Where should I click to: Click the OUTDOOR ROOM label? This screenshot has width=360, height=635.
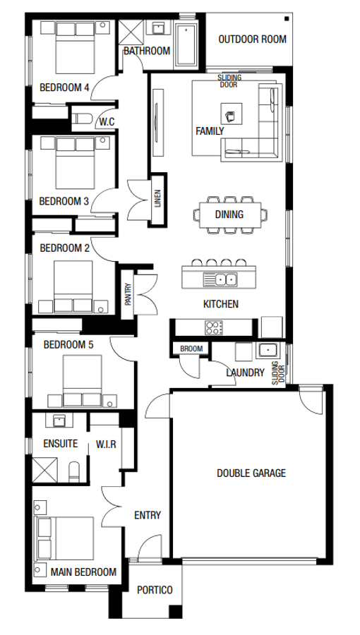pyautogui.click(x=252, y=40)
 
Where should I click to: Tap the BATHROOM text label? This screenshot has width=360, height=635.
pyautogui.click(x=147, y=51)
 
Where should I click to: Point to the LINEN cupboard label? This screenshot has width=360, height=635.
pyautogui.click(x=158, y=201)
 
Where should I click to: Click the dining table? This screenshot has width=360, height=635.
pyautogui.click(x=229, y=214)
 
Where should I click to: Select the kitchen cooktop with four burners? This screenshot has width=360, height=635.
pyautogui.click(x=213, y=327)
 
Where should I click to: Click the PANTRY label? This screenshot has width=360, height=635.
pyautogui.click(x=128, y=294)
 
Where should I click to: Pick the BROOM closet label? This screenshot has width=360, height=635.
pyautogui.click(x=191, y=349)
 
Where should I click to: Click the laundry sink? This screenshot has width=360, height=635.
pyautogui.click(x=268, y=351)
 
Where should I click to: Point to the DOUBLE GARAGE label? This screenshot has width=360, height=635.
pyautogui.click(x=251, y=473)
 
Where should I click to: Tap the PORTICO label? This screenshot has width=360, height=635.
pyautogui.click(x=154, y=591)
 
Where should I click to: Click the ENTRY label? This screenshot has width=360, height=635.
pyautogui.click(x=148, y=515)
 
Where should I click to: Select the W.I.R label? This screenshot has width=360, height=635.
pyautogui.click(x=106, y=445)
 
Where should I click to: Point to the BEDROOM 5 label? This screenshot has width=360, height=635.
pyautogui.click(x=68, y=345)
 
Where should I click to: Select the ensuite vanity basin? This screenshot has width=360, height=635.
pyautogui.click(x=59, y=422)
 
